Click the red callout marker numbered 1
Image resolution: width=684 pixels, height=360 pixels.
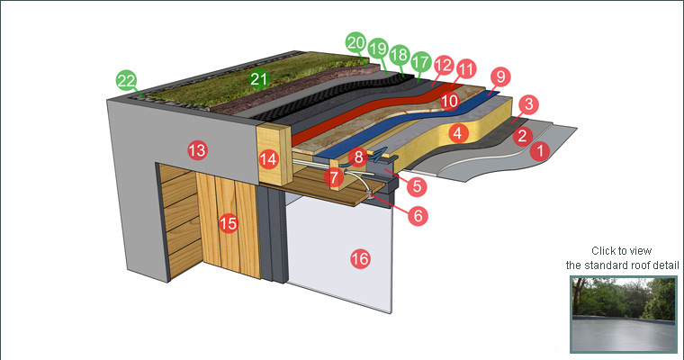pos(538,152)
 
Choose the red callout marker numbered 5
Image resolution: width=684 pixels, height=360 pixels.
pos(417,186)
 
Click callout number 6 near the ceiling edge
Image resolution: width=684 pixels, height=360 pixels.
pos(416,216)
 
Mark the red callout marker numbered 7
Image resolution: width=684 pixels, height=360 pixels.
pos(334,177)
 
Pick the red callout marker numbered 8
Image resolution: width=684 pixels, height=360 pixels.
pos(358,157)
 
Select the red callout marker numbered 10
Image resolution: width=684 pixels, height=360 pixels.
pos(449,101)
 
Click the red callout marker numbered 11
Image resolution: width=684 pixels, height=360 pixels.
pos(465,68)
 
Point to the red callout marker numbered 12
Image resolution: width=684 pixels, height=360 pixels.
pos(443,65)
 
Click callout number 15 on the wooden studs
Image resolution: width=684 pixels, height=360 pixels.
pos(229,222)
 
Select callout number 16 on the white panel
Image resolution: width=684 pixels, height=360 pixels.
pos(359,259)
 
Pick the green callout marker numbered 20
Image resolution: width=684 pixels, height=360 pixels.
pos(355,42)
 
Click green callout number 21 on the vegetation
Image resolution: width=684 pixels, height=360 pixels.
pos(259,79)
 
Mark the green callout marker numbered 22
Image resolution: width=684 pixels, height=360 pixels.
pos(126,81)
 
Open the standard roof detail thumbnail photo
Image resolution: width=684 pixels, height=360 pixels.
pos(623,313)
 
